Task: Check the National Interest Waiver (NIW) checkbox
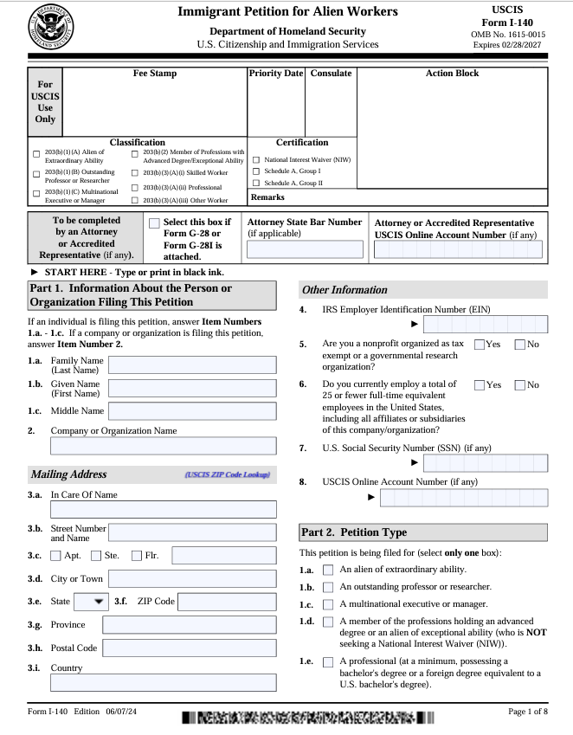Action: (256, 160)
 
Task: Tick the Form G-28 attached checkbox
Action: (154, 223)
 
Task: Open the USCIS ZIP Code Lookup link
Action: (227, 474)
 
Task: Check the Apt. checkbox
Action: (56, 556)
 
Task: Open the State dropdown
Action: (90, 601)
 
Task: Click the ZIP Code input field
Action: (228, 601)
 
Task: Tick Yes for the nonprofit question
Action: (480, 345)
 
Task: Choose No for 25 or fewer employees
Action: (520, 384)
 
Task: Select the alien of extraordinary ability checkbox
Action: (328, 570)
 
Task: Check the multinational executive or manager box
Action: (328, 604)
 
